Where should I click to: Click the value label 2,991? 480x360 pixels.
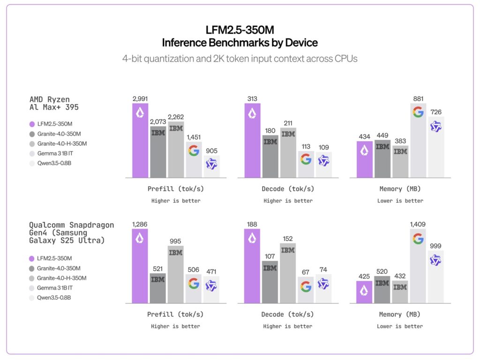coord(140,98)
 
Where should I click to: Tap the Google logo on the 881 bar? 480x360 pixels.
coord(418,112)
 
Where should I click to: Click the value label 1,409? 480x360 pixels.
coord(418,224)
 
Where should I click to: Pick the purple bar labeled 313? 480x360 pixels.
coord(252,141)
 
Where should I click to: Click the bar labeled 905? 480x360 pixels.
coord(211,167)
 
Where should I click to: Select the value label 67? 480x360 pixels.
coord(306,272)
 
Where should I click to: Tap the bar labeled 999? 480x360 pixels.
coord(436,277)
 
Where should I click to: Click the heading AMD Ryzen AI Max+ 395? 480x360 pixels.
coord(53,103)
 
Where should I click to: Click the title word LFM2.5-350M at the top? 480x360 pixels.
coord(240,30)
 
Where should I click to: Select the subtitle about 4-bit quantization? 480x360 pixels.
coord(240,59)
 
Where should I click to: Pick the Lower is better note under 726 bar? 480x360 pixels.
coord(400,201)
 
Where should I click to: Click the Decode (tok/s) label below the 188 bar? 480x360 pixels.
coord(288,315)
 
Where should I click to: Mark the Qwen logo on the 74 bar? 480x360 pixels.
coord(323,284)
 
